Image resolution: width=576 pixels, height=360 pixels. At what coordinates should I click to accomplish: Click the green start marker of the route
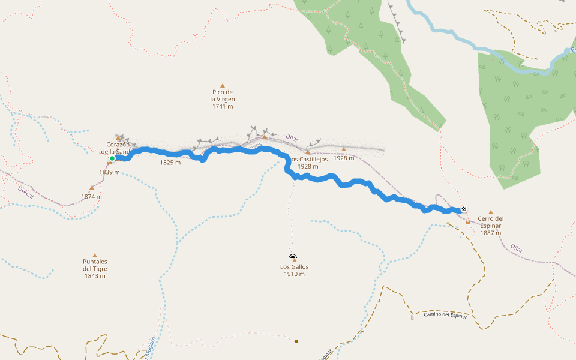pos(112,158)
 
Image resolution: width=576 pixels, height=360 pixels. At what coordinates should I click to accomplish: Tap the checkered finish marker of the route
pos(464,209)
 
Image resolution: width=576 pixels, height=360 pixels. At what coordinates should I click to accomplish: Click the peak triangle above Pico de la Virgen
pos(223,86)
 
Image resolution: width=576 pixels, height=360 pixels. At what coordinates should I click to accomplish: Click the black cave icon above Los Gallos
pos(292,256)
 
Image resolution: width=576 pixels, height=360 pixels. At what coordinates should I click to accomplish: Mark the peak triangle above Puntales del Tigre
pos(94,255)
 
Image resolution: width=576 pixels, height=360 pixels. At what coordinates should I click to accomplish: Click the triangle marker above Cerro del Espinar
pos(491,212)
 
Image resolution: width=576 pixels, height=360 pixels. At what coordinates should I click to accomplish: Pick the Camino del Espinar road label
pos(445,315)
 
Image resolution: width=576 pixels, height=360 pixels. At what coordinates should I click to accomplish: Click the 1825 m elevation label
pos(170,162)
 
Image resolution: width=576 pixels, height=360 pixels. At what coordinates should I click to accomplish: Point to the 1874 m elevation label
pos(92,196)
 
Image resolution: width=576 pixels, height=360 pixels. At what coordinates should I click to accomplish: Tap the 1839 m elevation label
pos(110,172)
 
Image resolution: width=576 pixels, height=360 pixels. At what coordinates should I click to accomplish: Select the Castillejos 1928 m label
pos(308,163)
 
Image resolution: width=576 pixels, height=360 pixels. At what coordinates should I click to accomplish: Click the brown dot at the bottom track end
pos(296,341)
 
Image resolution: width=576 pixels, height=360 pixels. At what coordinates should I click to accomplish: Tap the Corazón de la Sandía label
pos(118,148)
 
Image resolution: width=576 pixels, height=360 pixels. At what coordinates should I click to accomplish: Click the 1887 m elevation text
pos(491,233)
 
